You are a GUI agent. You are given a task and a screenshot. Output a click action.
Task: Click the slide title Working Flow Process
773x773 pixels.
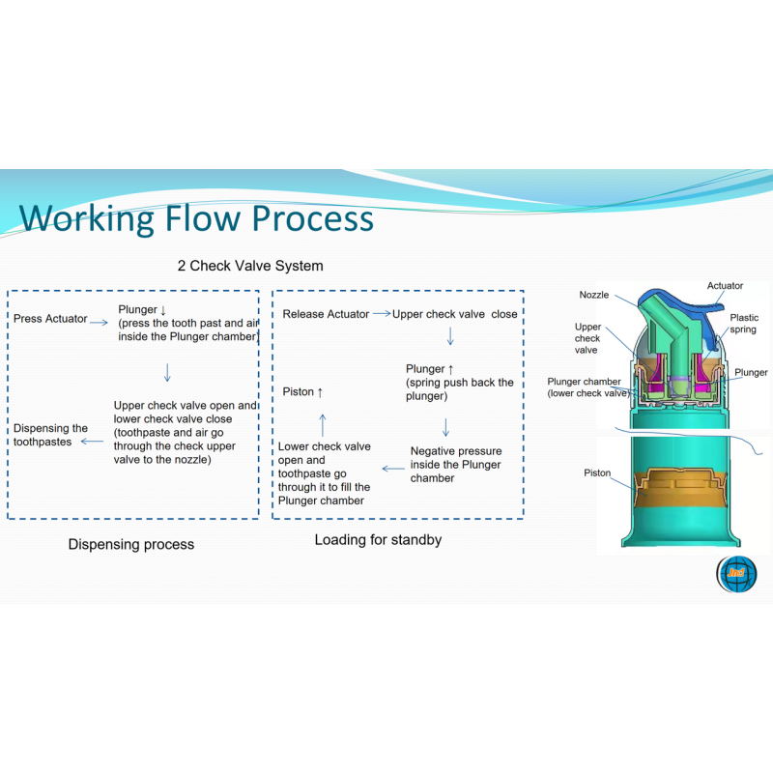(x=196, y=217)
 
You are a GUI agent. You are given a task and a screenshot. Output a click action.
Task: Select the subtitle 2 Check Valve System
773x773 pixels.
(x=250, y=266)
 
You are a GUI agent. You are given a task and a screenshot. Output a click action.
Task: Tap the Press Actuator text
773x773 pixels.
(x=50, y=319)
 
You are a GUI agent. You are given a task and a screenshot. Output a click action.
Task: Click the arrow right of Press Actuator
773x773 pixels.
(x=99, y=323)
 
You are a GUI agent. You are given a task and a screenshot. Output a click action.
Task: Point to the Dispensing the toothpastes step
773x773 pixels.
(x=50, y=435)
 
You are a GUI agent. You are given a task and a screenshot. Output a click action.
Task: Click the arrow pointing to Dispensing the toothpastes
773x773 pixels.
(x=92, y=442)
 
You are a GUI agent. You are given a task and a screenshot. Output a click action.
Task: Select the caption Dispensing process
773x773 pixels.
(x=131, y=544)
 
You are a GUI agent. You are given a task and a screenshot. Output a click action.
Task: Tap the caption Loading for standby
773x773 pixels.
(x=378, y=540)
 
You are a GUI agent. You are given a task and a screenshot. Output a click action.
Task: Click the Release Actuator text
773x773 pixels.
(x=326, y=314)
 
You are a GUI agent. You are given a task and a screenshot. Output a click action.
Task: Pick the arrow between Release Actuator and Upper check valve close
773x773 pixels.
(x=382, y=313)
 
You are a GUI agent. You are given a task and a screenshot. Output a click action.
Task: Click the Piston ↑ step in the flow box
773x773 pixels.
(x=302, y=392)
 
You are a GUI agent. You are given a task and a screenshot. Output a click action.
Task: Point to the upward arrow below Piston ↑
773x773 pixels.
(x=323, y=425)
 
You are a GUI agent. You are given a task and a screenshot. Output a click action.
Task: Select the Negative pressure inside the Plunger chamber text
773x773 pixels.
(x=456, y=465)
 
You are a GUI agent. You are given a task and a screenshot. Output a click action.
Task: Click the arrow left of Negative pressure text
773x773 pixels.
(x=393, y=469)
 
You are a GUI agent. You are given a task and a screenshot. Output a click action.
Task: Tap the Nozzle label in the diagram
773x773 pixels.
(x=594, y=295)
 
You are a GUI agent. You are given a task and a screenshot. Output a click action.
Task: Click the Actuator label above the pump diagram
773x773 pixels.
(x=725, y=286)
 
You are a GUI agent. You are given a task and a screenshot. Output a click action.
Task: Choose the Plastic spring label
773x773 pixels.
(x=744, y=324)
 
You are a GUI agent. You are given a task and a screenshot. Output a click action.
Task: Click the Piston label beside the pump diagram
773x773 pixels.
(x=597, y=472)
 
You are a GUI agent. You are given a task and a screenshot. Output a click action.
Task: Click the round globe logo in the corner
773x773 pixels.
(x=736, y=574)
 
